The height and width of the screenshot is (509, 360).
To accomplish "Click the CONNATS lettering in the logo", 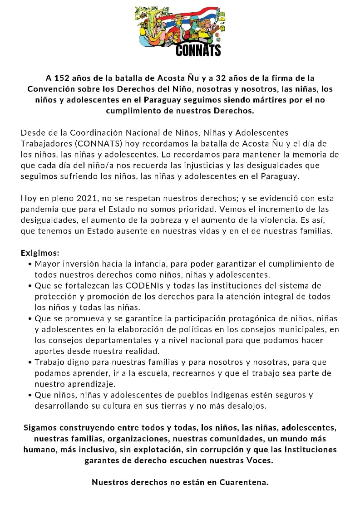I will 198,49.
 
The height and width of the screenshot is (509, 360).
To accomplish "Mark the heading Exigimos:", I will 40,253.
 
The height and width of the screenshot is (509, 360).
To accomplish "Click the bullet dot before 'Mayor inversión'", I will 30,264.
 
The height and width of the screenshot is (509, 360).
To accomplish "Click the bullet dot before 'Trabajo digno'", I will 30,362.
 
